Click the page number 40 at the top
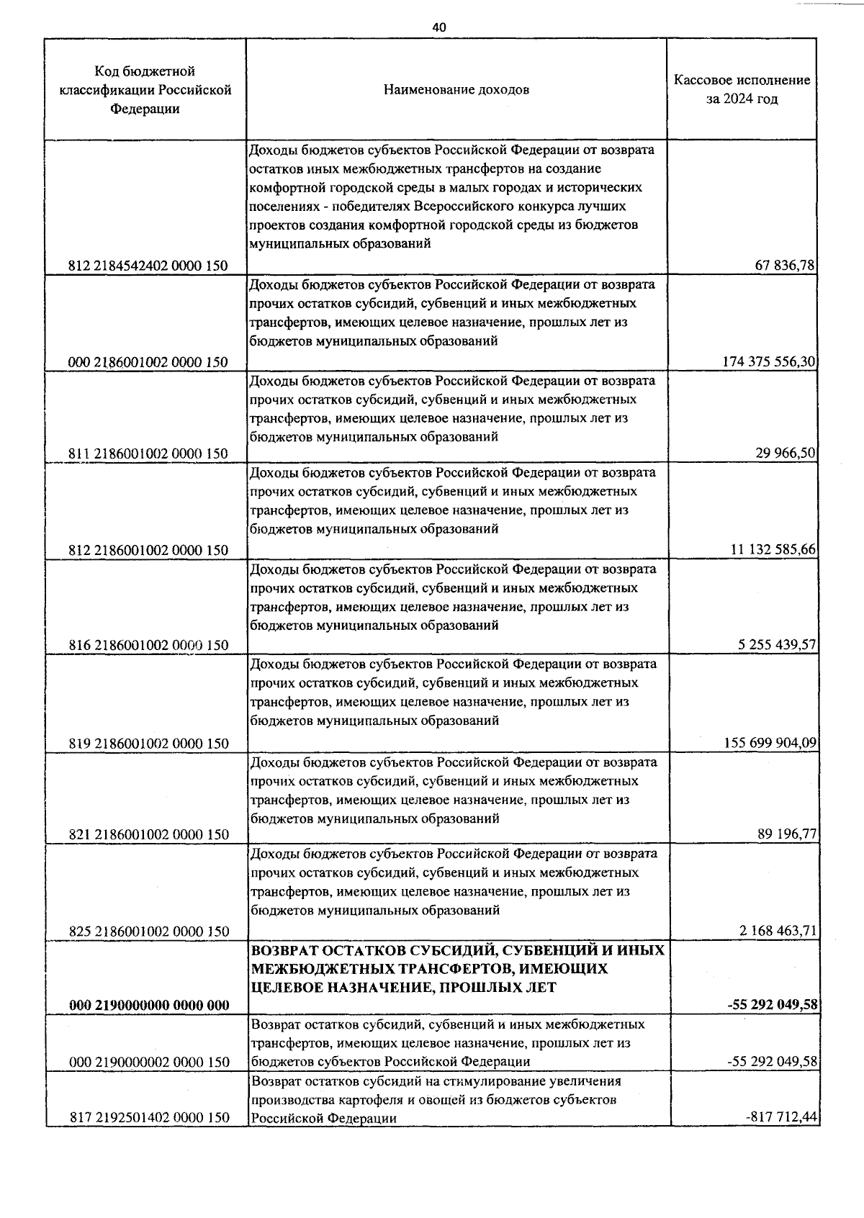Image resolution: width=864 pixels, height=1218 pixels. pos(439,27)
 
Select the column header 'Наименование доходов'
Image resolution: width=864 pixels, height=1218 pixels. pos(456,90)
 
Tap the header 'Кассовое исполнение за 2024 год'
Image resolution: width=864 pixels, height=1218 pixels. pos(742,89)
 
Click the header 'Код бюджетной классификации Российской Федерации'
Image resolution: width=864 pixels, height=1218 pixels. pos(145,90)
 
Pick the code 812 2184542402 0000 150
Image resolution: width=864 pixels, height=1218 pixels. pos(148,266)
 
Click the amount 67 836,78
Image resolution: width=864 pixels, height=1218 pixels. pos(784,266)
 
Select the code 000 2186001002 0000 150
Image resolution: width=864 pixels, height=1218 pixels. pos(148,362)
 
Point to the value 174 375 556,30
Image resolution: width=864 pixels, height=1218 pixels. pos(768,362)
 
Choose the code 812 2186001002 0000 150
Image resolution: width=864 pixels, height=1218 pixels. pos(148,550)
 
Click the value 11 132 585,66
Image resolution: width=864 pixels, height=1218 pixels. pos(773,550)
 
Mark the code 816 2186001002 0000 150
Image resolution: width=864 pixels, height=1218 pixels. pos(148,645)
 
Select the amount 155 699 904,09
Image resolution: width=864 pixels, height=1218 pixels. pos(769,743)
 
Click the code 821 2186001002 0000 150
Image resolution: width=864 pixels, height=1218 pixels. pos(148,834)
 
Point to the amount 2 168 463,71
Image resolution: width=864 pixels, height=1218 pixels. pos(777,931)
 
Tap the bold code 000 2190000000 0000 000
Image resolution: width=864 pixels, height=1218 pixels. pos(150,1006)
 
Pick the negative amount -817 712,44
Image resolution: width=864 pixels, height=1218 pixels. pos(782,1117)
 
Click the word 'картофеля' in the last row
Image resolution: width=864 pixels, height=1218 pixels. pos(350,1100)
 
